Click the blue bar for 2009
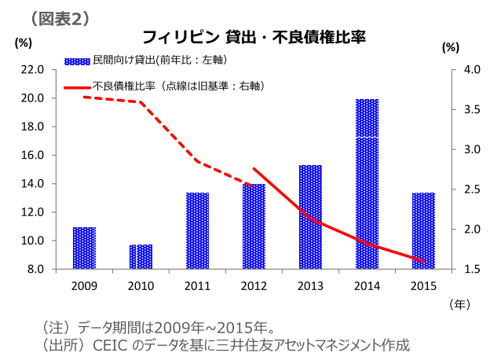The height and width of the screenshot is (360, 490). [x=84, y=248]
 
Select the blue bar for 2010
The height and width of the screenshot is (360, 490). [x=141, y=256]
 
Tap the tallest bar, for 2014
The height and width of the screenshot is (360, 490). [x=367, y=184]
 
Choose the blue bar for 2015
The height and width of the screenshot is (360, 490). [x=423, y=230]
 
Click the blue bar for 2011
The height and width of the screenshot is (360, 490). [x=197, y=230]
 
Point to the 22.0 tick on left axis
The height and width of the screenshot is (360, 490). [x=32, y=70]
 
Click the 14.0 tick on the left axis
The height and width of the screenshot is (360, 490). [x=32, y=184]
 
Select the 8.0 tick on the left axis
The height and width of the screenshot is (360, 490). [x=35, y=269]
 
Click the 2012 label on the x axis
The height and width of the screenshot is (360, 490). [x=254, y=285]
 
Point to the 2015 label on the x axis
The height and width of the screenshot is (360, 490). [x=423, y=285]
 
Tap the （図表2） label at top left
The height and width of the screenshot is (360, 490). [x=59, y=17]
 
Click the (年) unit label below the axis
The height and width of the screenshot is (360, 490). [x=459, y=302]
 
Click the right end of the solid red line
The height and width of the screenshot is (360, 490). [x=424, y=261]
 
